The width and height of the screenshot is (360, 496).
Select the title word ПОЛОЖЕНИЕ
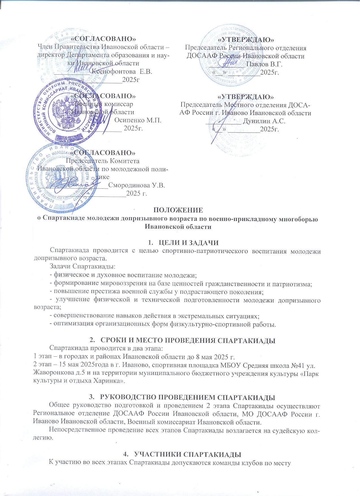(178, 210)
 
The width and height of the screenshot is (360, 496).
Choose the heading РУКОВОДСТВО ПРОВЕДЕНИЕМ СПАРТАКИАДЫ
(187, 397)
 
